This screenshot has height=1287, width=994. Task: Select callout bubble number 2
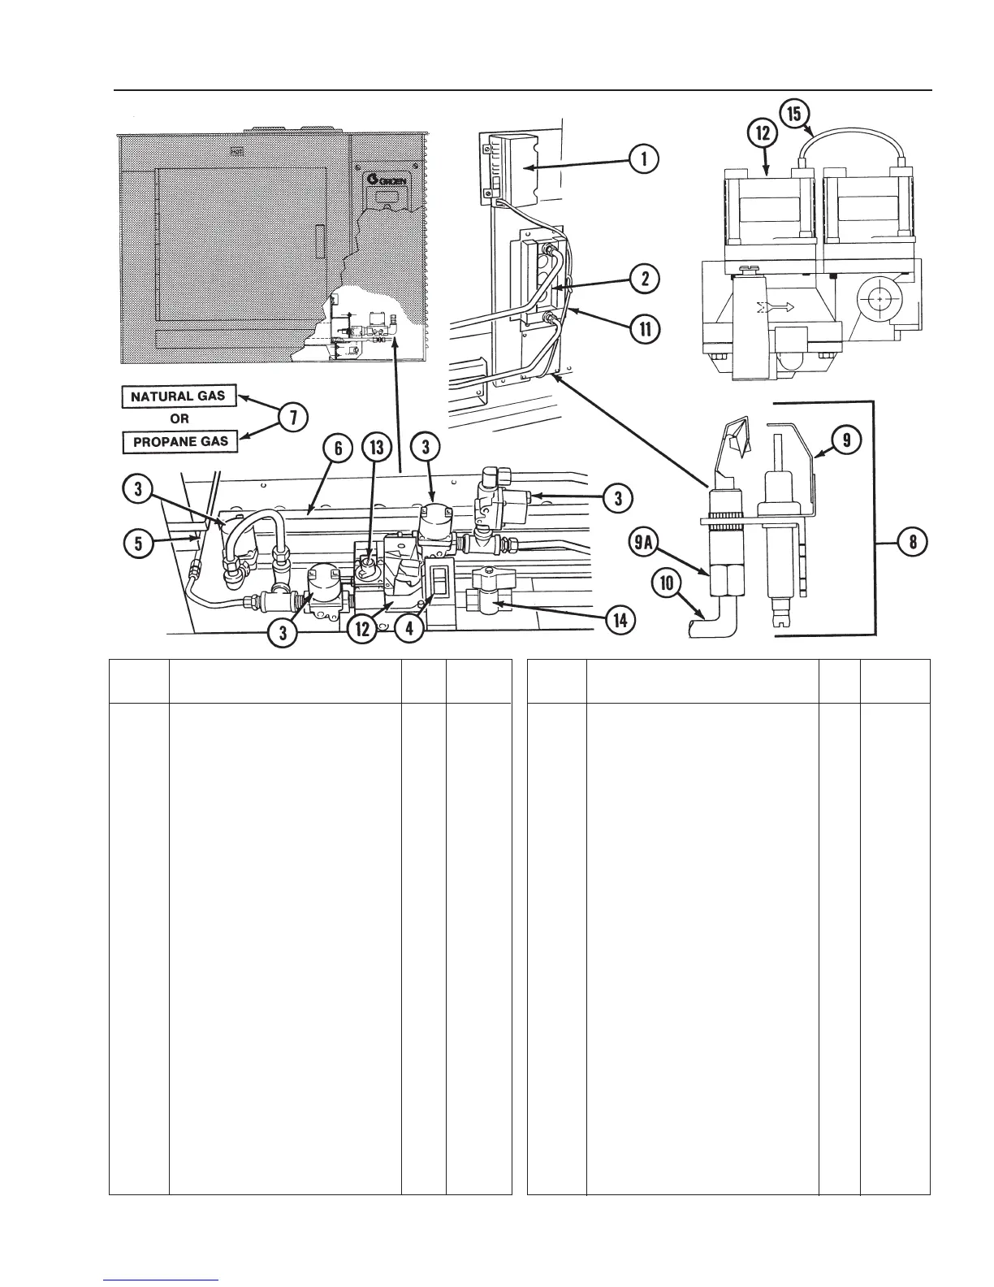coord(644,279)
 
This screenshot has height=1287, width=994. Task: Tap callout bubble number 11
coord(644,329)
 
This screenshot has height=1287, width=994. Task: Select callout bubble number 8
coord(913,541)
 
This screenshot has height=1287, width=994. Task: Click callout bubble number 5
coord(138,543)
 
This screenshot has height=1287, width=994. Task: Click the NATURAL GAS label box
coord(179,397)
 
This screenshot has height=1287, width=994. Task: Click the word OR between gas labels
coord(179,420)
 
